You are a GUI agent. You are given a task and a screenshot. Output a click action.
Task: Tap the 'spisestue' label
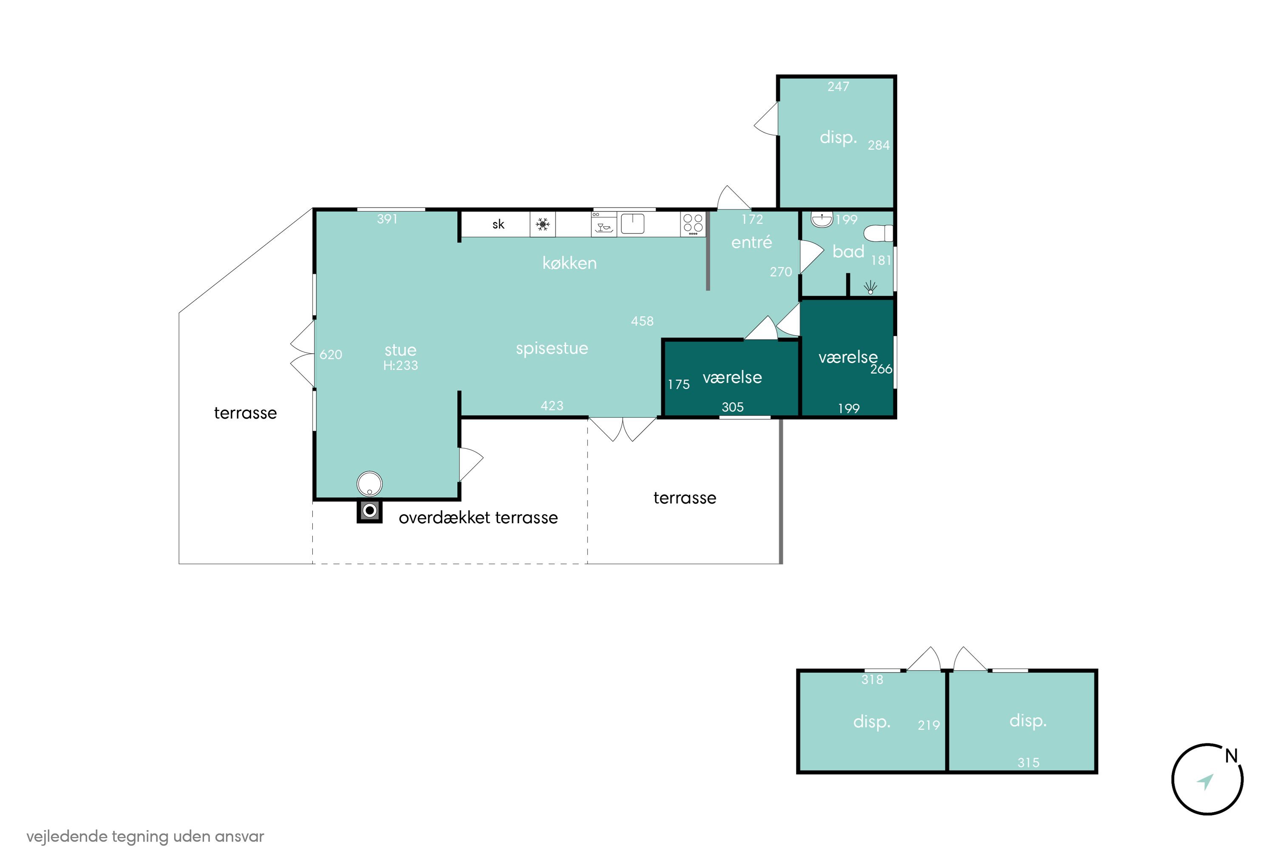(x=552, y=348)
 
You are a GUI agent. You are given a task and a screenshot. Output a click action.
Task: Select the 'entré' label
(x=751, y=242)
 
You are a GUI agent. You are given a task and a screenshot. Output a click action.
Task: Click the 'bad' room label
(x=848, y=252)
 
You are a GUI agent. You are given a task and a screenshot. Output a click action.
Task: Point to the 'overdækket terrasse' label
(x=478, y=518)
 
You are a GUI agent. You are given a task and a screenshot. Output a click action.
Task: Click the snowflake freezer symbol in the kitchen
(x=543, y=224)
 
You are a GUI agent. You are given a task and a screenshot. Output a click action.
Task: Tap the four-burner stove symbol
(x=693, y=224)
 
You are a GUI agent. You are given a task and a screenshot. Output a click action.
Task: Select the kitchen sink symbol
(x=632, y=224)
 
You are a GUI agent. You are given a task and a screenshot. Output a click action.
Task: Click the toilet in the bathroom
(x=878, y=233)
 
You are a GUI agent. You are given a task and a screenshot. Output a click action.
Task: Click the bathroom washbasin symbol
(x=822, y=220)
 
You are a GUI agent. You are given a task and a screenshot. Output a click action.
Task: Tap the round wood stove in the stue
(x=370, y=484)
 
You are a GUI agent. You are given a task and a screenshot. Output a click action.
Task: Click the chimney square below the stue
(x=370, y=511)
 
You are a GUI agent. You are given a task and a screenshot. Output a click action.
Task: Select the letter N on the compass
(x=1231, y=756)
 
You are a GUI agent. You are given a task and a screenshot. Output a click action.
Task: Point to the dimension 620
(x=331, y=354)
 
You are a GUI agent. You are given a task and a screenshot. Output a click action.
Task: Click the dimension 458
(x=642, y=321)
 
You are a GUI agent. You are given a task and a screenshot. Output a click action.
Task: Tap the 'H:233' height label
(x=401, y=366)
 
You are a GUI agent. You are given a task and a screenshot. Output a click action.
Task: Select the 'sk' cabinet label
(x=498, y=224)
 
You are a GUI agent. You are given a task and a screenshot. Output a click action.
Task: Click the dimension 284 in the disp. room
(x=879, y=145)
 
